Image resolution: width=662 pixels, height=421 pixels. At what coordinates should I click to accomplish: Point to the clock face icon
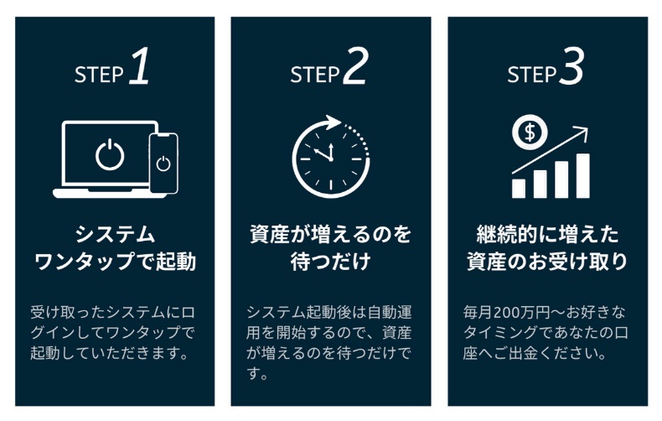tap(330, 157)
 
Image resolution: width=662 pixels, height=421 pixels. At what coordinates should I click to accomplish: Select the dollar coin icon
tap(530, 132)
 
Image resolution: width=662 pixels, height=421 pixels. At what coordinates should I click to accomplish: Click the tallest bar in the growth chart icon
tap(582, 174)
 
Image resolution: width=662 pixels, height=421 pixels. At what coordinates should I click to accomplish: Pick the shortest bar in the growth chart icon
tap(519, 187)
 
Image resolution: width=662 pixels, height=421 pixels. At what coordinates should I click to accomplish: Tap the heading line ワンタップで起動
tap(115, 262)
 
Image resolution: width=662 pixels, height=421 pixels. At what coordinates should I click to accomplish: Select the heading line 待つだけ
tap(330, 262)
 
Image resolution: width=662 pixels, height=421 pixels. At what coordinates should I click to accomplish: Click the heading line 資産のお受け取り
tap(546, 262)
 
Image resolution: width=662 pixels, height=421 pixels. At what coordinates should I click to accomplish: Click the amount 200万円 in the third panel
tap(526, 312)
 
